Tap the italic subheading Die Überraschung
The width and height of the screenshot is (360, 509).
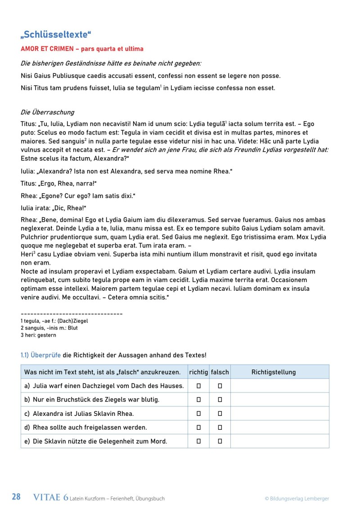47,112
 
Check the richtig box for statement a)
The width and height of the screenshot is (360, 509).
198,386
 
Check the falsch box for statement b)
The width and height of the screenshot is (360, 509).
220,400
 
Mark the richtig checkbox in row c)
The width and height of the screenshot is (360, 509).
198,414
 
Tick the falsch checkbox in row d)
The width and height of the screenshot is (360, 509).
220,428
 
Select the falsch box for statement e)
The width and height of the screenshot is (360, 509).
220,441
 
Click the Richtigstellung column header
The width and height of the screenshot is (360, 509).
273,372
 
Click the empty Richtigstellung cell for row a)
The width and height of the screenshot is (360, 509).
279,386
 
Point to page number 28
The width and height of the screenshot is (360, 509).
16,497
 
